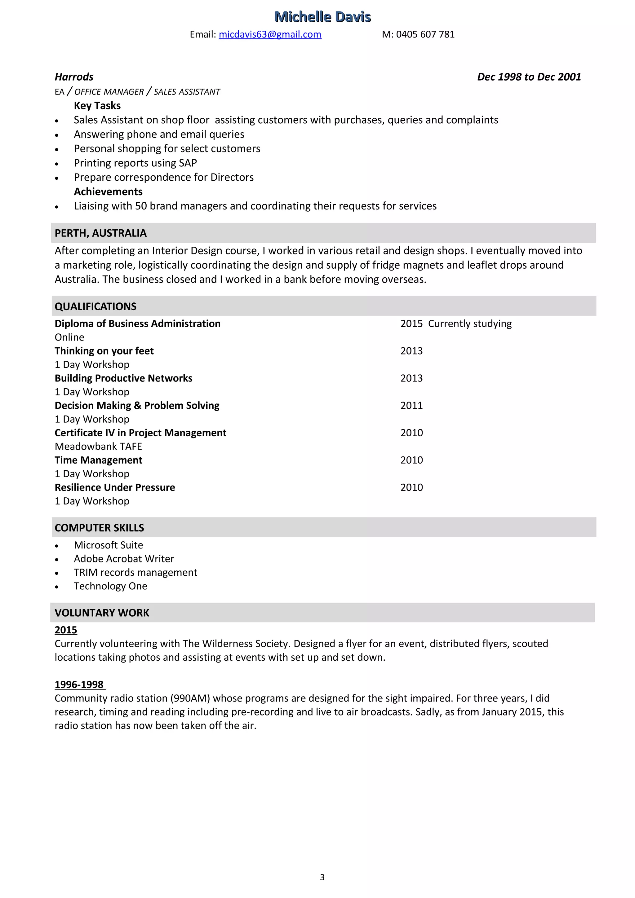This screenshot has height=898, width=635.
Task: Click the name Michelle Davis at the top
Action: point(322,17)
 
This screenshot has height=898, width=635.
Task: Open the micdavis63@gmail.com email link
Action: point(270,34)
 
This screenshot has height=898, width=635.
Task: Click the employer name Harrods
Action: point(74,77)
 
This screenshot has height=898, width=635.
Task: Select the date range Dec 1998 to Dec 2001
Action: point(529,77)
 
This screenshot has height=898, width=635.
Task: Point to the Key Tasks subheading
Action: point(97,106)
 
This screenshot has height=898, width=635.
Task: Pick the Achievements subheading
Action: point(108,191)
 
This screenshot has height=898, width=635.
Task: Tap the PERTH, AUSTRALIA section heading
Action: point(100,233)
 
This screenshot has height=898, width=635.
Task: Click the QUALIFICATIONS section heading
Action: point(95,306)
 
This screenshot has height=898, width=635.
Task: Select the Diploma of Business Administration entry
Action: point(137,324)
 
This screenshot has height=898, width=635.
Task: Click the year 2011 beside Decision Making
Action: point(411,406)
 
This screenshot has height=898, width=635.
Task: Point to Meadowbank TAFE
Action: point(98,446)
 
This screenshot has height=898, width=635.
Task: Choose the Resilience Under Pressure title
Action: point(115,487)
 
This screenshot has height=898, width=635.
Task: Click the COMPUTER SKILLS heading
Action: point(100,528)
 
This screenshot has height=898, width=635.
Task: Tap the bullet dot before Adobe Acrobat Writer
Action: point(57,560)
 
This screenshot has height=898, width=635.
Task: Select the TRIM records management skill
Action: point(135,572)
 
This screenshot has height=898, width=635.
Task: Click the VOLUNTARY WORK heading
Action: point(102,613)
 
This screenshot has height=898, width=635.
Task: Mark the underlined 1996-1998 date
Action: point(79,685)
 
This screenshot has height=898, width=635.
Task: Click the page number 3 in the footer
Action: point(322,877)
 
